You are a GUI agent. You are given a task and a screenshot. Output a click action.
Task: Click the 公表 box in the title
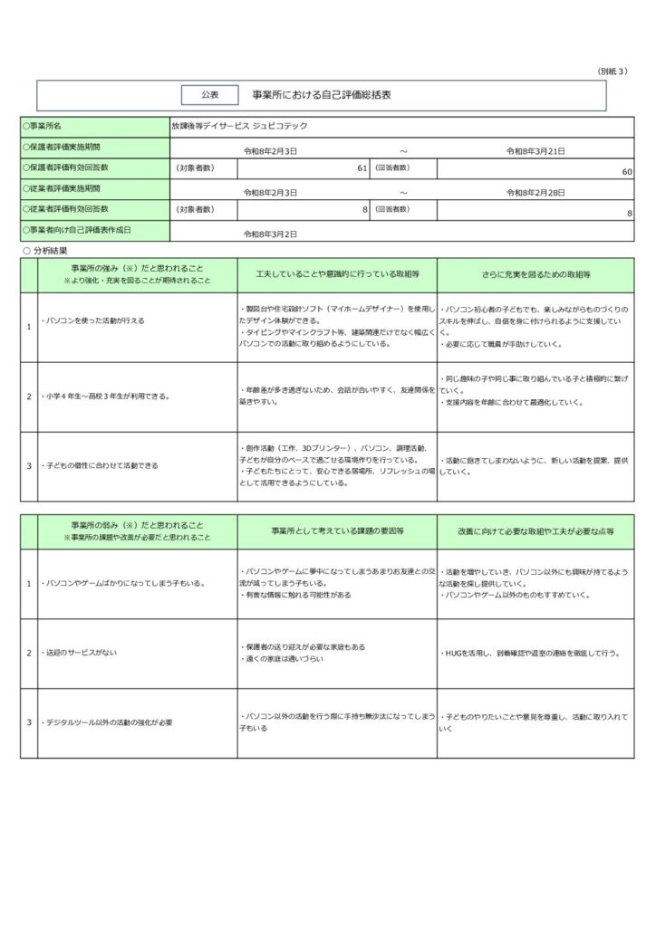(209, 94)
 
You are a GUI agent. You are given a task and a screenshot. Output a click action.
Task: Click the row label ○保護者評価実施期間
(62, 147)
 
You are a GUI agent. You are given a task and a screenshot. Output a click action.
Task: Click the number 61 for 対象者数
(362, 169)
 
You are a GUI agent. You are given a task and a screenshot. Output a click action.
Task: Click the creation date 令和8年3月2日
(272, 234)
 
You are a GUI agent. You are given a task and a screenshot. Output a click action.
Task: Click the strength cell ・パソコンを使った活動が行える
(93, 320)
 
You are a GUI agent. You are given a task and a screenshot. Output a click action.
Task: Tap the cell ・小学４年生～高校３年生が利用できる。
(107, 397)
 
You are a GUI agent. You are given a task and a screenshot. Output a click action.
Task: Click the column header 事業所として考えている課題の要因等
(336, 531)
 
